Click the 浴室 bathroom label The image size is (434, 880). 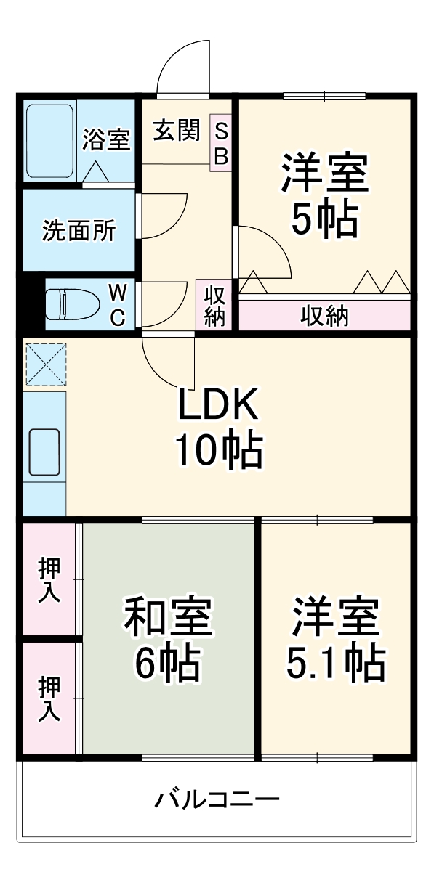(106, 139)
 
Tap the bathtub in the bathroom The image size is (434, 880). (49, 141)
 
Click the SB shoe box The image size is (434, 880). (221, 143)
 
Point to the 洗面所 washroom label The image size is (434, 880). (79, 230)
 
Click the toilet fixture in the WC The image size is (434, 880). (73, 304)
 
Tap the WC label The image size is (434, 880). (118, 304)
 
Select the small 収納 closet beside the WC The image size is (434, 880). (214, 306)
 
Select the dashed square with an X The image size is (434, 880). (46, 364)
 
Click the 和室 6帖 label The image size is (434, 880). (168, 637)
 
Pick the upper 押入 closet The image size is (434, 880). (49, 580)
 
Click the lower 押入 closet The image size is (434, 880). (49, 698)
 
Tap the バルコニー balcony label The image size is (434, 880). (217, 800)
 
